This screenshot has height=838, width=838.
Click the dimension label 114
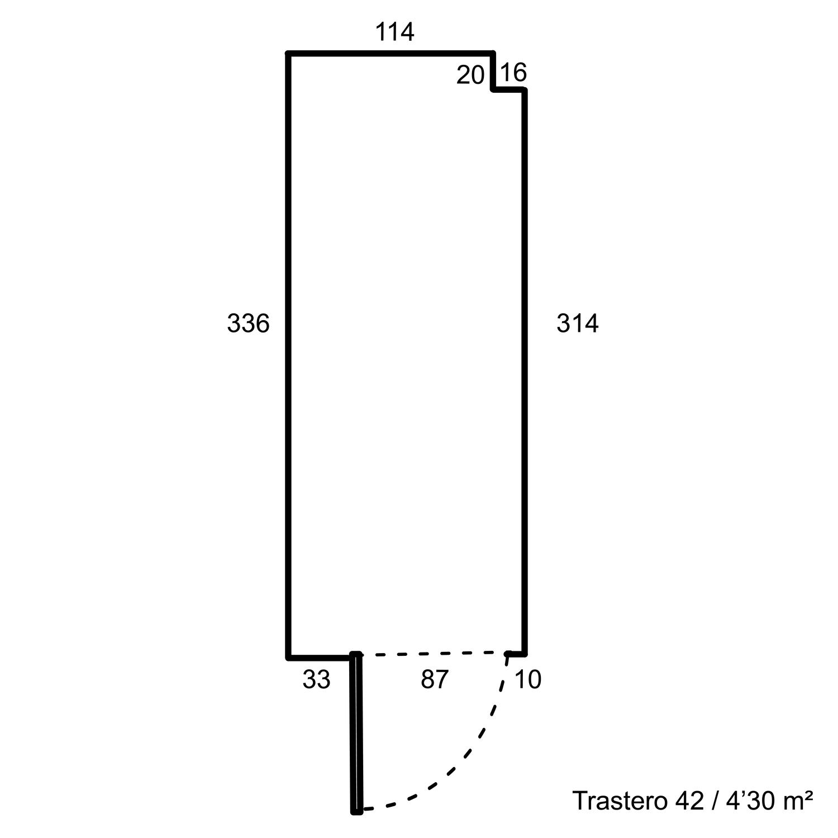click(x=394, y=32)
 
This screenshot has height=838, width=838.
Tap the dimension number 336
click(x=248, y=323)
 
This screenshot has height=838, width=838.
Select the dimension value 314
click(x=577, y=323)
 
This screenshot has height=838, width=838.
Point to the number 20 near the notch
click(x=470, y=75)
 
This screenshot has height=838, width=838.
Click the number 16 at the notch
click(x=513, y=73)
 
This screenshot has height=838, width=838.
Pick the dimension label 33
click(x=316, y=679)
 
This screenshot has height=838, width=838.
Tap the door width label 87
click(x=435, y=679)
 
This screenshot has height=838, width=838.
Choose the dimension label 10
click(x=528, y=679)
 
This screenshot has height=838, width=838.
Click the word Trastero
click(x=620, y=801)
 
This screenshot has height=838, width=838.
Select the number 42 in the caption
click(x=689, y=801)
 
